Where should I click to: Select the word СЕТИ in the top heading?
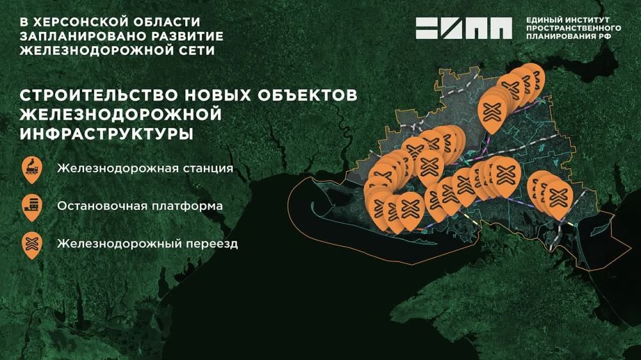click(195, 49)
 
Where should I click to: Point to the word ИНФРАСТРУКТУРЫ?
click(106, 135)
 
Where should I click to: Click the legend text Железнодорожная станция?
click(144, 170)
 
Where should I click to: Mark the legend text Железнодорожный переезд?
click(147, 244)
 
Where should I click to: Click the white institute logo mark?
click(463, 28)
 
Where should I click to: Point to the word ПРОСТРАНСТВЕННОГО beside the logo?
click(573, 29)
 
